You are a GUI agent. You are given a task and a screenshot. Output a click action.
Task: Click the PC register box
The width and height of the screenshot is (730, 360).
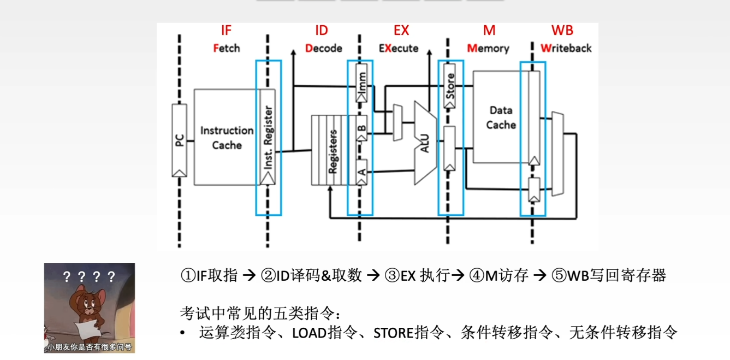point(179,140)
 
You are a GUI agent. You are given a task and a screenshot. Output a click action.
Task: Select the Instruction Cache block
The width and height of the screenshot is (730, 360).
point(227,138)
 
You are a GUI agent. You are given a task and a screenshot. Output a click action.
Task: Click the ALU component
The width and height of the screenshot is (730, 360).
point(425,142)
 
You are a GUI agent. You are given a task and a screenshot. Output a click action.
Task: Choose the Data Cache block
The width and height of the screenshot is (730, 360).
point(501,117)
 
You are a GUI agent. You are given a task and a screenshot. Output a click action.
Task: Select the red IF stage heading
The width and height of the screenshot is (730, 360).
point(226,30)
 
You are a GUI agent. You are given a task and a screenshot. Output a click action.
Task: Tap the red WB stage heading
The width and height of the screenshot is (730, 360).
point(562,30)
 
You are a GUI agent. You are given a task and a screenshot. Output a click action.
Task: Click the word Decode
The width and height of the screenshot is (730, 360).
point(324,48)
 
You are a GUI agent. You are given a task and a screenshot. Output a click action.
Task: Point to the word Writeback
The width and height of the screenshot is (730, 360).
point(566,48)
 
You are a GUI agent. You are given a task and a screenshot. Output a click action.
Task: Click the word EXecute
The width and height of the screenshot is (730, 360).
point(399,48)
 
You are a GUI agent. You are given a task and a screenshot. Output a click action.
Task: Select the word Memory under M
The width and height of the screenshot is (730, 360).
point(488,48)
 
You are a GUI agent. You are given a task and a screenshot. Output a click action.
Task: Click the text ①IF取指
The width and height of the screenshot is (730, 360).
point(209,275)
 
